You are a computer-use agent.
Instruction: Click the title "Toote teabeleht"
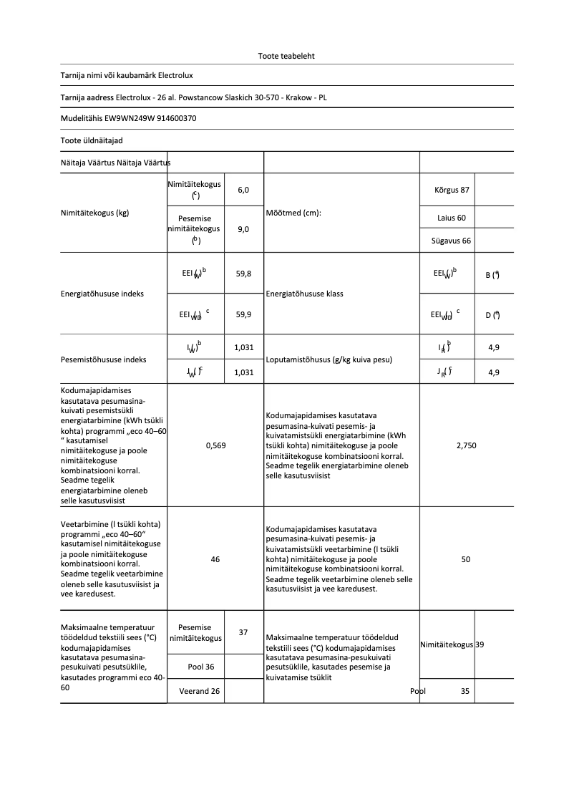[286, 56]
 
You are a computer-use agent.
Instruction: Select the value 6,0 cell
[243, 190]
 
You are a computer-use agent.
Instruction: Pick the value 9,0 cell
[243, 230]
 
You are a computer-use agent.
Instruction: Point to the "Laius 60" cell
[452, 217]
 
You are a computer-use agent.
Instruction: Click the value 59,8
[243, 274]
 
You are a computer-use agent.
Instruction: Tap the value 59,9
[243, 314]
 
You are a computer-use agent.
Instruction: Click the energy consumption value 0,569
[215, 445]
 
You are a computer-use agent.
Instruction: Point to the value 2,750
[466, 445]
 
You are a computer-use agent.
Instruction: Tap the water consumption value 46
[215, 559]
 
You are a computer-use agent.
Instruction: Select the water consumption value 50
[466, 559]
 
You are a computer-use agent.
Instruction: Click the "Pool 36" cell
[201, 667]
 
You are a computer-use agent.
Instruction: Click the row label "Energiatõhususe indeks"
[103, 294]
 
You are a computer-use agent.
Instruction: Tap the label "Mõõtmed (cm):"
[296, 213]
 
